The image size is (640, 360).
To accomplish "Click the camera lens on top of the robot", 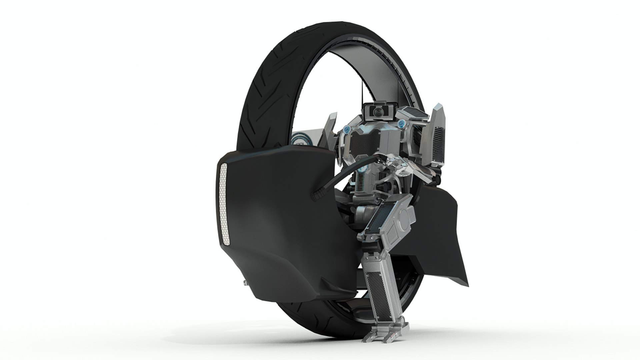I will (x=377, y=112).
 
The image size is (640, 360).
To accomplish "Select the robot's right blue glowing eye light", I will (x=401, y=124).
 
